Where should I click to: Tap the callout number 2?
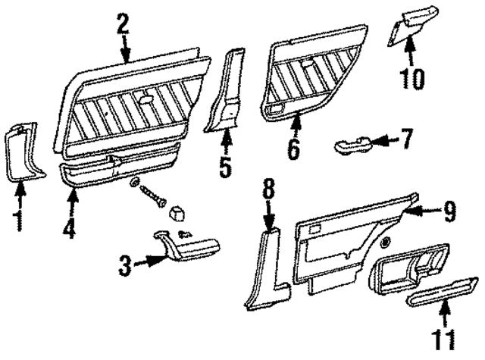[x=123, y=25]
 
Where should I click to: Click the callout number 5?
[x=224, y=166]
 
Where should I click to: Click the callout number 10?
[x=413, y=75]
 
